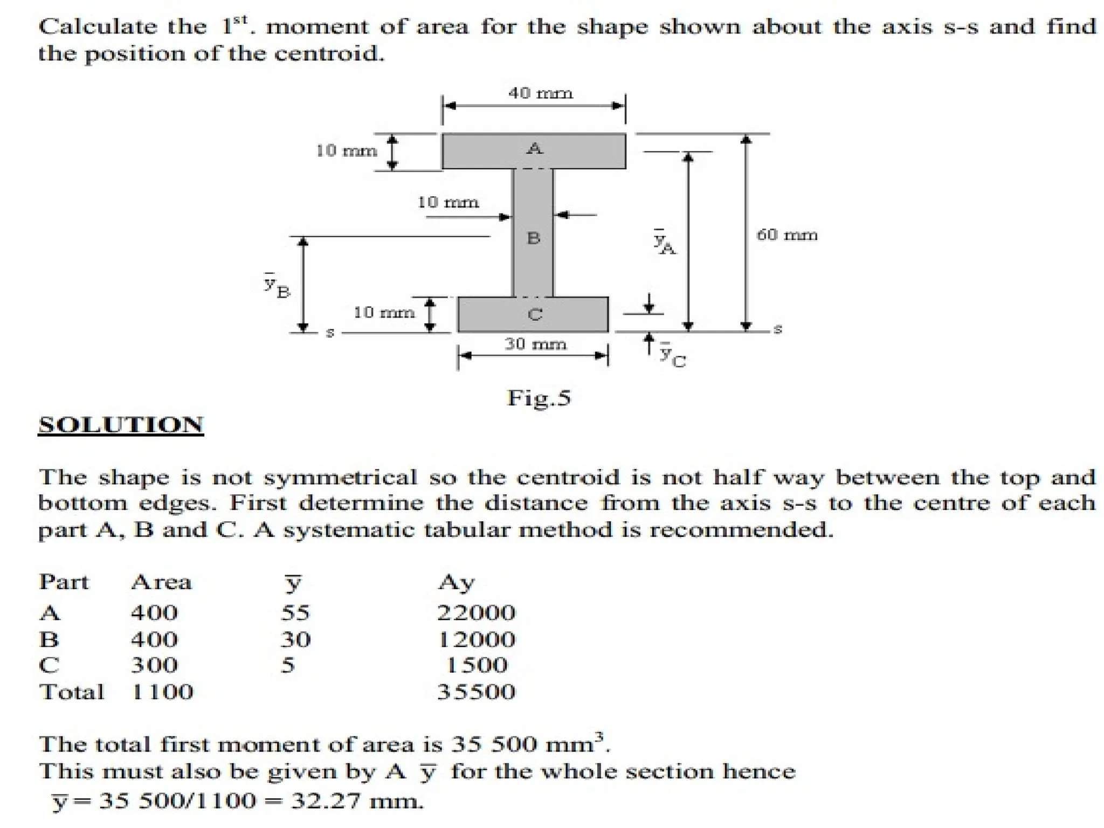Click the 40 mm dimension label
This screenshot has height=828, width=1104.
(540, 93)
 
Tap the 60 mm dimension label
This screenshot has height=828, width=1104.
(787, 235)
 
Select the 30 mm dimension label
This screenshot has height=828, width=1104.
(535, 344)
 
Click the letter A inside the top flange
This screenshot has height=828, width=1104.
(535, 148)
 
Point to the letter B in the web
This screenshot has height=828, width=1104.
(533, 238)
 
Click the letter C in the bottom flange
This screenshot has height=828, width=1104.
(535, 314)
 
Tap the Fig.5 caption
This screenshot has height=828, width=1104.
(539, 398)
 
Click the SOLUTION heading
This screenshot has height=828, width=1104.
(121, 425)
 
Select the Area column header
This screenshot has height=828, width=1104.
(161, 582)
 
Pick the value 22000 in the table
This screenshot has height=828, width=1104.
(476, 612)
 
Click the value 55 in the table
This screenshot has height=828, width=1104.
(295, 612)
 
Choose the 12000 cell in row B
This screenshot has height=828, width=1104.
(476, 639)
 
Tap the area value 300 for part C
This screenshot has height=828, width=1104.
(154, 665)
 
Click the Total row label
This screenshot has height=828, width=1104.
(72, 692)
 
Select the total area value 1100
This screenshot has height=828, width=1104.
(162, 692)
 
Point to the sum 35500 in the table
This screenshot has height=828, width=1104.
(476, 692)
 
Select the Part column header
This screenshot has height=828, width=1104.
(64, 582)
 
